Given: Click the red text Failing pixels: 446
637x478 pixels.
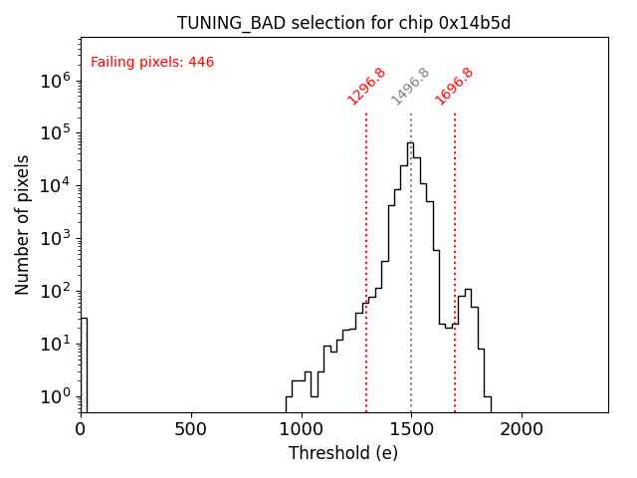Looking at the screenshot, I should click(x=152, y=63).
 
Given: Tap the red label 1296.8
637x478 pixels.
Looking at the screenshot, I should click(x=366, y=87).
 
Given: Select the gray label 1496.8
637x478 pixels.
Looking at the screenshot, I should click(x=410, y=87).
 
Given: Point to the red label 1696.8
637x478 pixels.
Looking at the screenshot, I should click(x=454, y=87).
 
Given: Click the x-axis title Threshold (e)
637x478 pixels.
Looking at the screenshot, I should click(x=343, y=453).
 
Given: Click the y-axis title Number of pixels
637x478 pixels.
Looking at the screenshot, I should click(x=23, y=224).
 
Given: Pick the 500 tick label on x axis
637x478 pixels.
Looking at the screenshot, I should click(x=190, y=429).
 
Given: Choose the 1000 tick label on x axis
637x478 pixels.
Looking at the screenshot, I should click(x=301, y=429).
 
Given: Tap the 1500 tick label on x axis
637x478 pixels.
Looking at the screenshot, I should click(x=411, y=429).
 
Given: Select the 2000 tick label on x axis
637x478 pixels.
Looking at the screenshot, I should click(x=521, y=429).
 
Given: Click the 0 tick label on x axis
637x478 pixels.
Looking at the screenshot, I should click(x=81, y=429).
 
